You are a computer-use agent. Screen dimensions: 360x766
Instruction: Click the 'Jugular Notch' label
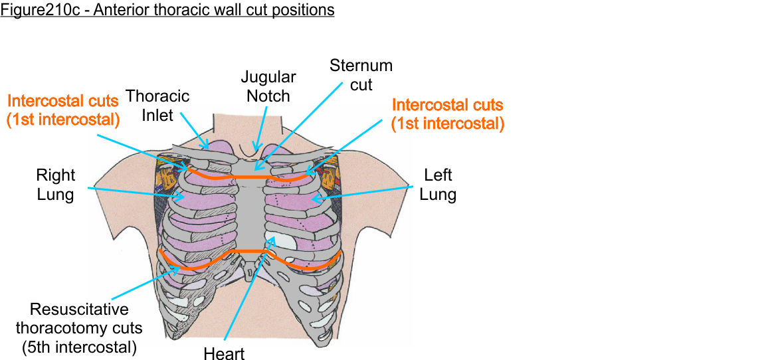(x=268, y=86)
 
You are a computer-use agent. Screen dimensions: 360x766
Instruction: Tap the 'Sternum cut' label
(x=361, y=75)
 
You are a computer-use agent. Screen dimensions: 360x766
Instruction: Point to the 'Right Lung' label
(x=56, y=185)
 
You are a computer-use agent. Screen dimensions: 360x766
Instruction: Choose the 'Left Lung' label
(x=438, y=185)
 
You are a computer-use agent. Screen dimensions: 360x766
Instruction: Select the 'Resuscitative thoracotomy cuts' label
(x=79, y=319)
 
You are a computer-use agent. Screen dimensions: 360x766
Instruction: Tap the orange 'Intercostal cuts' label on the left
(x=62, y=110)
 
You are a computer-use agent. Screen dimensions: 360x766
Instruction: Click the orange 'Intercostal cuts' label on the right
(x=447, y=114)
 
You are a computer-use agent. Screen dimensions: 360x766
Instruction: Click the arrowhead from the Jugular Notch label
(x=256, y=147)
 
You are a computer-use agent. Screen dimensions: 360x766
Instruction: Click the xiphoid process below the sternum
(x=250, y=270)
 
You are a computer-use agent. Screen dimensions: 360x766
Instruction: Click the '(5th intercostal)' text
(x=79, y=347)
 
